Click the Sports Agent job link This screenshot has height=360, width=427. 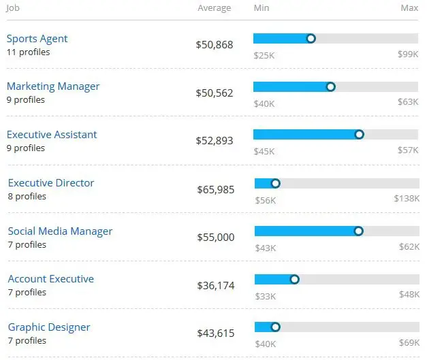37,39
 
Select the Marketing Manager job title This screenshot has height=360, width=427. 53,86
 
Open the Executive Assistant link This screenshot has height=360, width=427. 52,135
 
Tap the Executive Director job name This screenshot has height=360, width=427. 51,183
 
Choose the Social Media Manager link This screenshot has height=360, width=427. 60,231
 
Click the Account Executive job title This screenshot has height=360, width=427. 51,279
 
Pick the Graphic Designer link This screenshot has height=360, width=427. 49,327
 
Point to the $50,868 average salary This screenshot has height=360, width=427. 215,45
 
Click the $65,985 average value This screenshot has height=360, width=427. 215,189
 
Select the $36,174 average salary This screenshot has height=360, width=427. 215,285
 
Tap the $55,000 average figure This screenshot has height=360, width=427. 215,238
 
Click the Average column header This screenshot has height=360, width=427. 214,8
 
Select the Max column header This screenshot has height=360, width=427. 409,8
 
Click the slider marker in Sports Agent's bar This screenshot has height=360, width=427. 311,39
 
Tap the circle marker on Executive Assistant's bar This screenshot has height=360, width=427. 360,135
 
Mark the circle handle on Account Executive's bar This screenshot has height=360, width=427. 294,279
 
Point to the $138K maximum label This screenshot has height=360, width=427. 407,199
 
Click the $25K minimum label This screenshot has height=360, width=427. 264,54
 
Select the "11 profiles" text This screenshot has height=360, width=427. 28,52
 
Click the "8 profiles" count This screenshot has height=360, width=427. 27,196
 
